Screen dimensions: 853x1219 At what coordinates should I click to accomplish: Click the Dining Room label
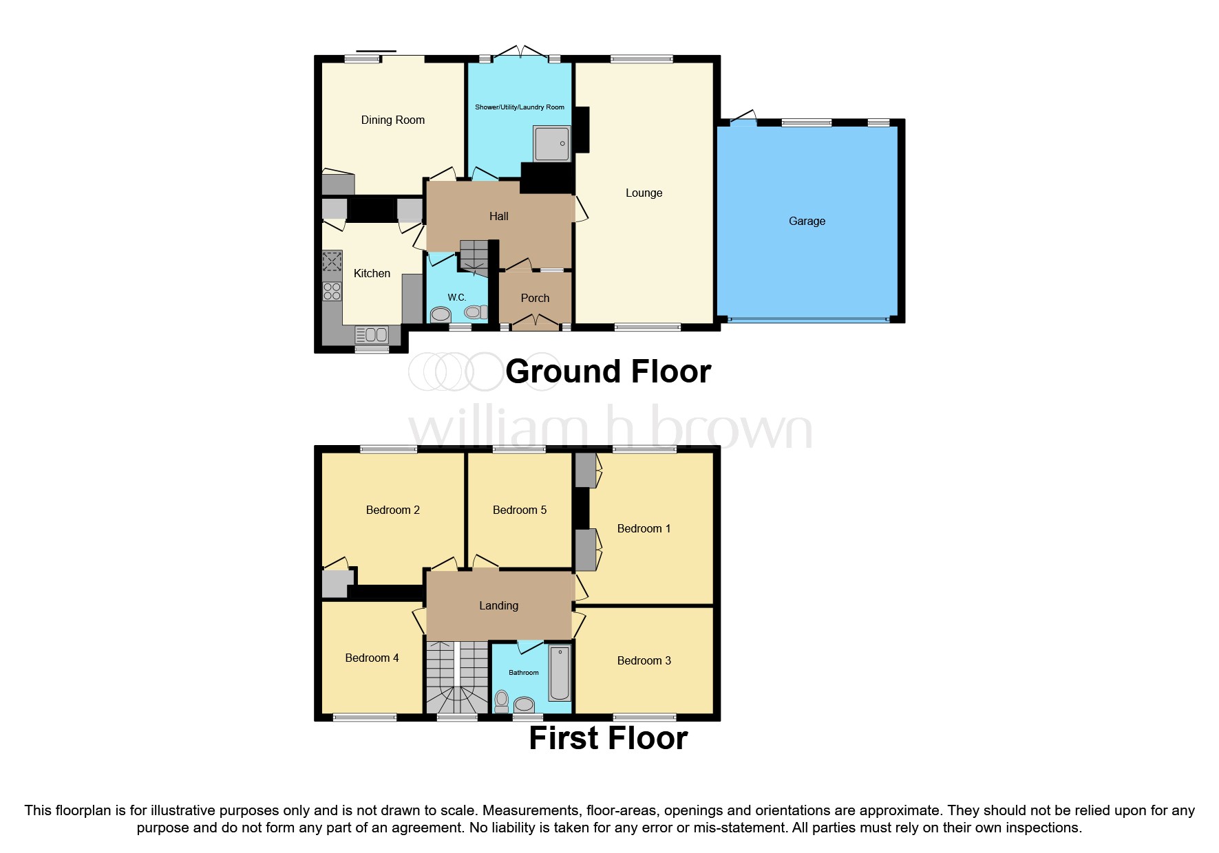pos(392,120)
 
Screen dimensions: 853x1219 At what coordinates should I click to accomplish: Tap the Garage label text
pos(807,222)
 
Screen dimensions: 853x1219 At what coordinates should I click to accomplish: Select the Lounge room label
pos(644,193)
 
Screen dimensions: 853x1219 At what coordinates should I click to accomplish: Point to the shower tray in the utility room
pos(551,144)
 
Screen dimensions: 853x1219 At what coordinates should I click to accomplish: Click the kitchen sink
pos(372,335)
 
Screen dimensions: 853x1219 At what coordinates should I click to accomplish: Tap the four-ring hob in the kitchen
pos(332,292)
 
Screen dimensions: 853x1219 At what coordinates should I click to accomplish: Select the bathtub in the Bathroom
pos(560,672)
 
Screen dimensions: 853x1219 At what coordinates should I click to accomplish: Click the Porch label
pos(535,299)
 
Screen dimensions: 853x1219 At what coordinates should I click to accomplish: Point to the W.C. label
pos(457,298)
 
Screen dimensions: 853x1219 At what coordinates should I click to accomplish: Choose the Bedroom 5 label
pos(519,510)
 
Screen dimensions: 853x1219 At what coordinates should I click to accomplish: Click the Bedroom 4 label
pos(372,658)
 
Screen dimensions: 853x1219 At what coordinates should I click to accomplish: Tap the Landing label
pos(498,606)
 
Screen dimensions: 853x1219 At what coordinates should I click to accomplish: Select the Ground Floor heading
pos(608,372)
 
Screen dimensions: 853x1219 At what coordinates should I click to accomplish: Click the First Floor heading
pos(608,739)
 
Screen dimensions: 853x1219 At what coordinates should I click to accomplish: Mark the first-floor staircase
pos(456,678)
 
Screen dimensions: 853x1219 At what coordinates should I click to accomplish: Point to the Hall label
pos(498,217)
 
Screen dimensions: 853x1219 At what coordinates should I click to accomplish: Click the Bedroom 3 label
pos(644,661)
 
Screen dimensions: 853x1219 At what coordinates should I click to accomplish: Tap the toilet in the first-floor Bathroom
pos(502,701)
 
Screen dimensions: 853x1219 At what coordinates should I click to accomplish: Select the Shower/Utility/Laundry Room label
pos(519,107)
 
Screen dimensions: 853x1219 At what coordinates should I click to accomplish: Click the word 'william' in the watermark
pos(498,430)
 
